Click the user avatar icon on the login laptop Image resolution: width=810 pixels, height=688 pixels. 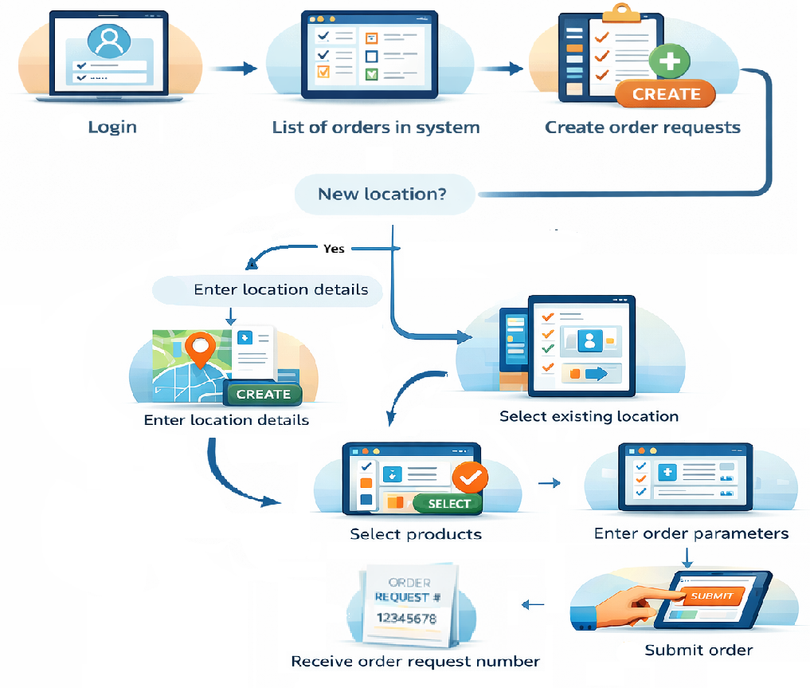tap(109, 41)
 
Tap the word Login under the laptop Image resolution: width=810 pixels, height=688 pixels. tap(112, 128)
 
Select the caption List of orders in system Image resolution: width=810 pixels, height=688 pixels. tap(376, 128)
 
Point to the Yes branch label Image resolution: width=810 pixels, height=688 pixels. tap(335, 249)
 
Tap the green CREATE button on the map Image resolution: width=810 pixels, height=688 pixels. tap(264, 394)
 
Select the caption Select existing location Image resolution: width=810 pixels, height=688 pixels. tap(589, 416)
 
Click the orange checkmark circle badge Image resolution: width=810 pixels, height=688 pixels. tap(470, 478)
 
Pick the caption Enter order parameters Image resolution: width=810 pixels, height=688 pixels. tap(691, 533)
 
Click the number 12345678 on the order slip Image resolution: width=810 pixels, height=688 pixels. tap(406, 618)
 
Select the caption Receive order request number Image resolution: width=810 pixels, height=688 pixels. tap(415, 662)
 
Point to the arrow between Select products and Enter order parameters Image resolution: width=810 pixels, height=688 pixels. tap(549, 483)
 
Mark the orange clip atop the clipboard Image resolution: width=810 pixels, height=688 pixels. tap(622, 11)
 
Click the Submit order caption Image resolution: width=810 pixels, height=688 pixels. tap(698, 651)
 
